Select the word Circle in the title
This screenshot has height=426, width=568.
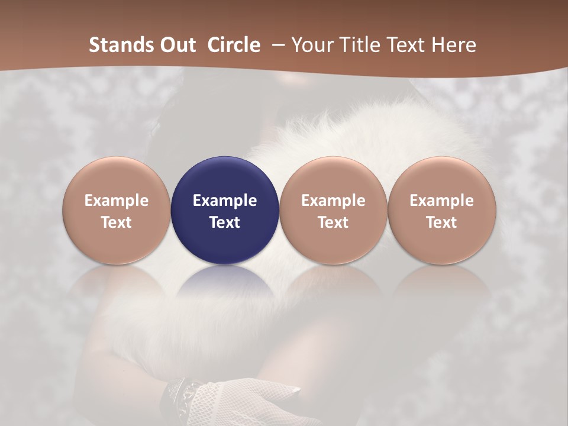coord(234,45)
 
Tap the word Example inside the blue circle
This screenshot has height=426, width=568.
coord(225,201)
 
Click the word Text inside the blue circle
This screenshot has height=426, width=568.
coord(225,222)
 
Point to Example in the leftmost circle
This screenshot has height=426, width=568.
coord(117,201)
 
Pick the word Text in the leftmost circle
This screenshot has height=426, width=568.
coord(117,222)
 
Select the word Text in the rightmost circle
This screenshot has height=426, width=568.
coord(442,222)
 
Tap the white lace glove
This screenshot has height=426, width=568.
coord(248,402)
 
